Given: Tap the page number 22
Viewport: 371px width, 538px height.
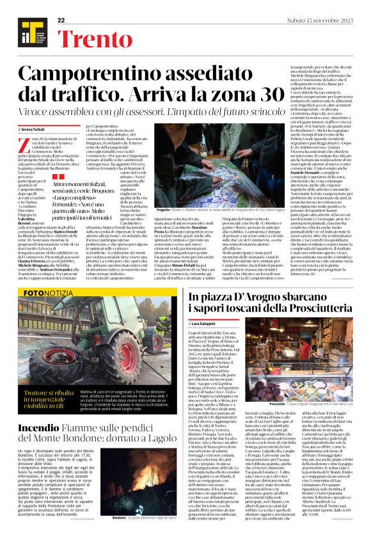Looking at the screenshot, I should pos(62,20).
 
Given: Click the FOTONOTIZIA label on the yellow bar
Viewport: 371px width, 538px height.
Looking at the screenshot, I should pos(49,292).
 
